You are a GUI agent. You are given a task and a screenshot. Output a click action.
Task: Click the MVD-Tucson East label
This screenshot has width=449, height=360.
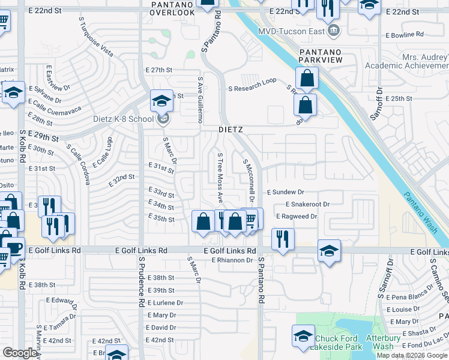click(x=292, y=31)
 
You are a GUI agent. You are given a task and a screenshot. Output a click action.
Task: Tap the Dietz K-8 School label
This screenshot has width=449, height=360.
click(x=124, y=119)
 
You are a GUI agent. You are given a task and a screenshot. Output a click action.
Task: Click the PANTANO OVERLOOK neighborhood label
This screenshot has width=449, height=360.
click(x=172, y=8)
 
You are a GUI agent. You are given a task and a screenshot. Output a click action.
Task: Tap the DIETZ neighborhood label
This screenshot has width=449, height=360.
click(x=229, y=129)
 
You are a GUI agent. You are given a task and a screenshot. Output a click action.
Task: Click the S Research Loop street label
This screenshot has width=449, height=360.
click(x=252, y=88)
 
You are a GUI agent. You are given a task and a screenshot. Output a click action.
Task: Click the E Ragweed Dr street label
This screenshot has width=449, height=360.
click(x=296, y=216)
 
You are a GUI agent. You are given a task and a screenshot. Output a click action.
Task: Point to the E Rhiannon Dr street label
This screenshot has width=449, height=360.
click(x=232, y=260)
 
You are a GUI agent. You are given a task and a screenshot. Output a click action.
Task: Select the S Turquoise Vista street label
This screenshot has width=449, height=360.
click(x=95, y=37)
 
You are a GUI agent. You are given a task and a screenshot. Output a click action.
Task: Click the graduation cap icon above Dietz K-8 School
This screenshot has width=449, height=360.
click(x=161, y=101)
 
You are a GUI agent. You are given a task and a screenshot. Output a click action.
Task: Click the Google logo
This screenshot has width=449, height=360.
click(x=20, y=353)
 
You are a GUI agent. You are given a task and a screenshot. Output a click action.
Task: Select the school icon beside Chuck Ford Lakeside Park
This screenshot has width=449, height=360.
click(x=303, y=336)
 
